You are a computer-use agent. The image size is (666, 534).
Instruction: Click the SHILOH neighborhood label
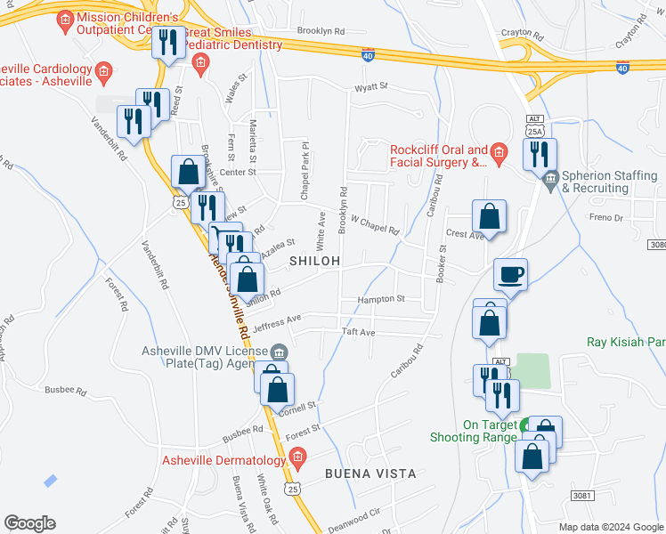(x=315, y=261)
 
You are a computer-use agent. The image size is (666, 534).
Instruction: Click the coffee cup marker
(x=511, y=274)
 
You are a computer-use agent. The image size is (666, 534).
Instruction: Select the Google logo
(x=29, y=523)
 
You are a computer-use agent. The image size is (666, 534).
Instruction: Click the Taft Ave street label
(x=359, y=332)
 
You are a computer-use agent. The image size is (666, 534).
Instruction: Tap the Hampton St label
(x=381, y=299)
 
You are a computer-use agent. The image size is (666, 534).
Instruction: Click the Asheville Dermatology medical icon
(x=297, y=459)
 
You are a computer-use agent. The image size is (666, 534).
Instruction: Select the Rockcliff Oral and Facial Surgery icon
(x=499, y=156)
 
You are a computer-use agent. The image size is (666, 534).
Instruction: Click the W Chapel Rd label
(x=374, y=223)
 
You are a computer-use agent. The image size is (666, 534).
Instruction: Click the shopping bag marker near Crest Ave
(x=490, y=216)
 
